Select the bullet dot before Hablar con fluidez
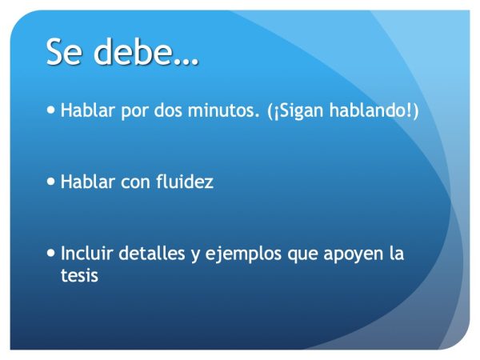click(x=52, y=182)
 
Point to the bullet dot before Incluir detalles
click(x=52, y=254)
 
